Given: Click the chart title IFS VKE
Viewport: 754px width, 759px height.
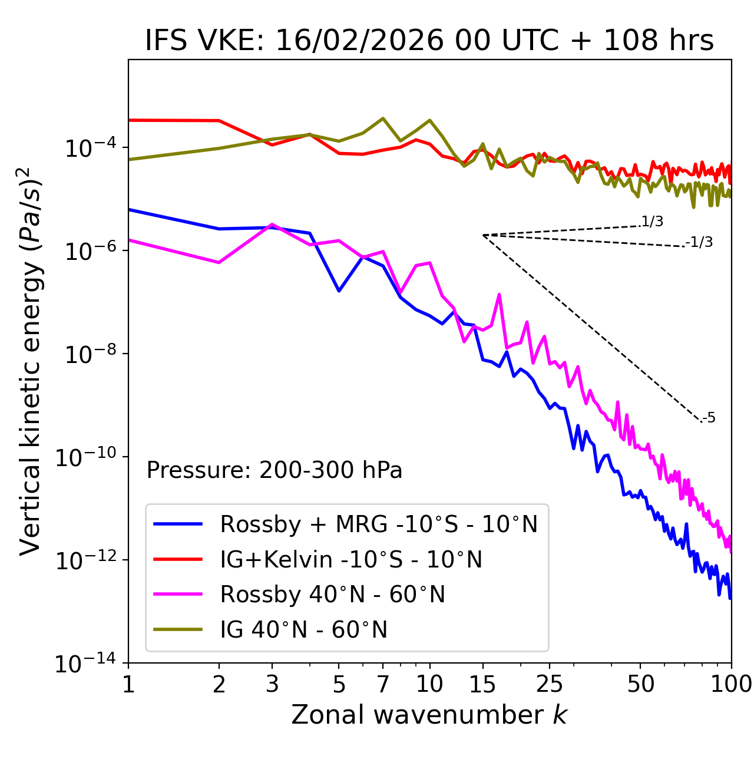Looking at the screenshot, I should coord(429,41).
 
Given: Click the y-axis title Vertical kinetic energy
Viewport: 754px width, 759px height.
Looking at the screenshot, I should coord(31,361).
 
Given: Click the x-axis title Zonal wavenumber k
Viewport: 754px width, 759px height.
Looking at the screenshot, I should coord(429,714).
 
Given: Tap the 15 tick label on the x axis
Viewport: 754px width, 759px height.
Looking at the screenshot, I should coord(482,684).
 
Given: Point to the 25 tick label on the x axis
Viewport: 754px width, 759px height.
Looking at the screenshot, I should coord(550,684).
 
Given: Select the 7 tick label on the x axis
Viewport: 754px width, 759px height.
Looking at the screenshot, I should coord(383,684).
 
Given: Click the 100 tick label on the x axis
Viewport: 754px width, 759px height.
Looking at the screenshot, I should coord(731,684).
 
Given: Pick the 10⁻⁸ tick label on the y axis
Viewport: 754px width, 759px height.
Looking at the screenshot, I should coord(89,354).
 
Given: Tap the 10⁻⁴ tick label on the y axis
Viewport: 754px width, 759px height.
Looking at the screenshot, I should coord(89,148).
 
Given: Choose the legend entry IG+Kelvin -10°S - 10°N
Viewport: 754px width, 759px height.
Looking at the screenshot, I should coord(351,559).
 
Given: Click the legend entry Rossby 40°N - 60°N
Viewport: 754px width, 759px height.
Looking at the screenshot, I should coord(332,595).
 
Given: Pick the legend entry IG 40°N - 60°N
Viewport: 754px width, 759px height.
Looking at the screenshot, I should coord(304,630).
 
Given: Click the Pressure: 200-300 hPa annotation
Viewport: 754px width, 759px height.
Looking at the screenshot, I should coord(275,470).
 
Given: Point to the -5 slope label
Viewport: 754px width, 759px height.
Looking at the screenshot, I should coord(709,418).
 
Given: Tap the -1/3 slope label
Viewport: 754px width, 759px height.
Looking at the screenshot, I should coord(699,242).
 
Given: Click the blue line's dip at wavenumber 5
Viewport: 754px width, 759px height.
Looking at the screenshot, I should coord(339,291).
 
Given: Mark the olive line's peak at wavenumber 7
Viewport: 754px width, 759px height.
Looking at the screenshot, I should coord(383,118).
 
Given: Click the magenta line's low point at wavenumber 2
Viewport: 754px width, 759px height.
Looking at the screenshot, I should coord(219,262).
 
